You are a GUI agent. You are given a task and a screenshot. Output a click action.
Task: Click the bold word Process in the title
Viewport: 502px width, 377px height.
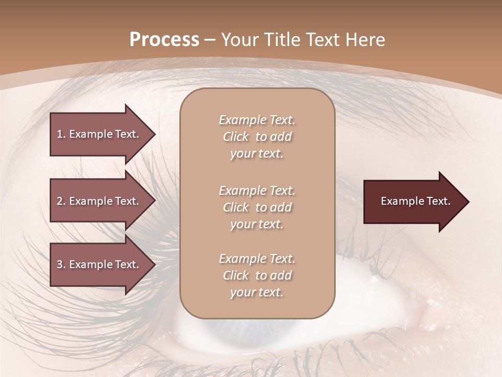click(164, 40)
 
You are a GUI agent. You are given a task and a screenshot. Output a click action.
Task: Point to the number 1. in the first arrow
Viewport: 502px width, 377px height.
click(61, 134)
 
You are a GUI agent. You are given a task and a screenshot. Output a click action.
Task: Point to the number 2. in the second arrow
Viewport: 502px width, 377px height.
click(61, 201)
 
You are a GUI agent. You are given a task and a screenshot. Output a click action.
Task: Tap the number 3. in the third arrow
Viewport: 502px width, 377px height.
click(61, 264)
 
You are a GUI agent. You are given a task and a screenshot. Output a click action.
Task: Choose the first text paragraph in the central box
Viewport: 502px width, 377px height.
click(257, 137)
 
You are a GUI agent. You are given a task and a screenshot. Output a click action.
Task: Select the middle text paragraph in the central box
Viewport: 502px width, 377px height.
click(257, 207)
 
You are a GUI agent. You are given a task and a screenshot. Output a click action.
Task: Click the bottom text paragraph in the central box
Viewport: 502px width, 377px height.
click(257, 275)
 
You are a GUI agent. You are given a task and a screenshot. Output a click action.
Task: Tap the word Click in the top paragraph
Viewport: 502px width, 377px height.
click(236, 137)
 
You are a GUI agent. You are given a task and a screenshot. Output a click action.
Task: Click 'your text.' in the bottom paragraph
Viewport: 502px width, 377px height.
click(257, 292)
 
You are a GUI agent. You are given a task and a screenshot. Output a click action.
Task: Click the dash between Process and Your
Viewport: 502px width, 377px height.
click(210, 40)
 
